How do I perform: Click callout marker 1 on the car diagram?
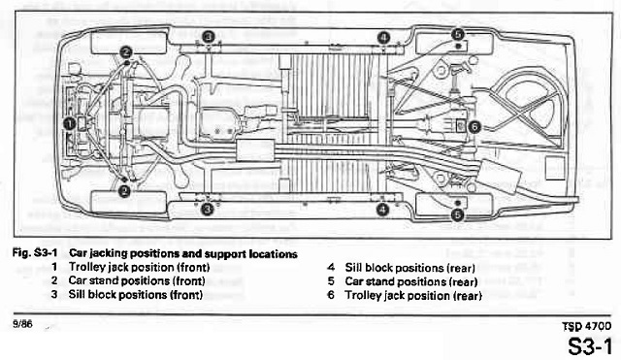click(68, 123)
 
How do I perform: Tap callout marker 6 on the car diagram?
click(474, 126)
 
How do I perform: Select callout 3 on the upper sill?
click(208, 37)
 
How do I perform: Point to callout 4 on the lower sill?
click(383, 209)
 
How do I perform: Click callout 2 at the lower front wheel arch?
click(125, 192)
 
